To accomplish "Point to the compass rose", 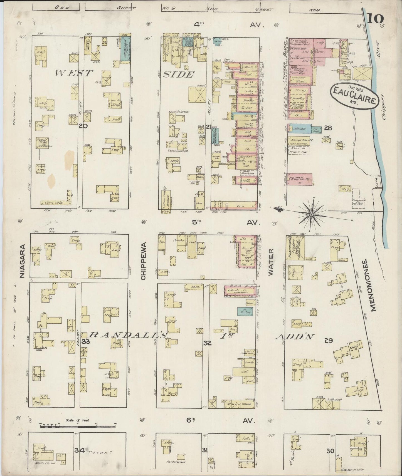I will tap(311, 214).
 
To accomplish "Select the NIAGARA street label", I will tap(23, 261).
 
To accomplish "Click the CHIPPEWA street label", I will tap(143, 263).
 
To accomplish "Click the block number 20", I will tap(83, 126).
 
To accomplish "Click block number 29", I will tap(329, 340).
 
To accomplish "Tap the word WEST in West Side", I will tap(73, 73).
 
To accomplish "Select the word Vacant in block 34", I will tap(99, 452).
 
